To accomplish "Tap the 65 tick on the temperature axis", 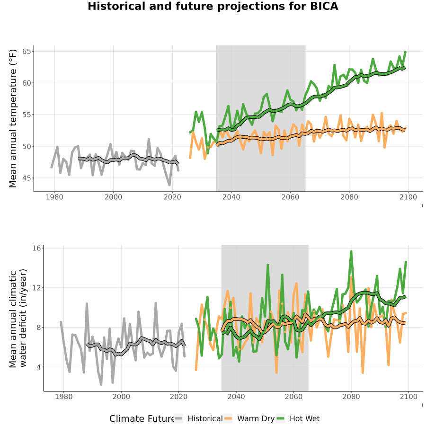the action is click(27, 51).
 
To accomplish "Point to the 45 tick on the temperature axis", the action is click(27, 178).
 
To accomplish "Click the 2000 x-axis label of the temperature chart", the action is click(113, 197).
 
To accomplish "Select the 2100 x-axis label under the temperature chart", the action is click(408, 197).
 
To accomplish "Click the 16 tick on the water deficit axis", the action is click(36, 248).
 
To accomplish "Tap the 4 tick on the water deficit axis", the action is click(38, 367).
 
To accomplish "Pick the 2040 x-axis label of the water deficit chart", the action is click(236, 397).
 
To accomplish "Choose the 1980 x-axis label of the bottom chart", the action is click(64, 397).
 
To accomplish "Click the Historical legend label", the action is click(205, 418).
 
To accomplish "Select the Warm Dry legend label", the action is click(256, 418).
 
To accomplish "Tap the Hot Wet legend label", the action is click(304, 418).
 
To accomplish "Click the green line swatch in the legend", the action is click(280, 418).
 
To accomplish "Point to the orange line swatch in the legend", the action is click(228, 418).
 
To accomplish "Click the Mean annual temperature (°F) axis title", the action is click(13, 118).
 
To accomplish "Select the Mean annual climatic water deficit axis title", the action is click(18, 318).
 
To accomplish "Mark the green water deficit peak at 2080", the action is click(351, 252).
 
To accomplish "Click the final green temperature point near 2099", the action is click(405, 52).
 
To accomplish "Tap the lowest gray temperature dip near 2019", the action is click(169, 185).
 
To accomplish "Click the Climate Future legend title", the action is click(142, 419).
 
